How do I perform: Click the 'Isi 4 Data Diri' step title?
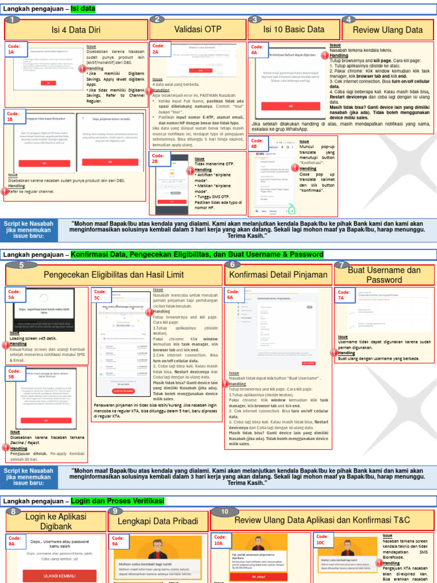point(77,30)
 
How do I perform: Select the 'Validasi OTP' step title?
point(197,29)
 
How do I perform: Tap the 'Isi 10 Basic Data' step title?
point(294,30)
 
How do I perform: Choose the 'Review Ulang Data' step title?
point(387,30)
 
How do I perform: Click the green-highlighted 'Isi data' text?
point(83,9)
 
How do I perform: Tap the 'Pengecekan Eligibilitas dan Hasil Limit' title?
point(114,275)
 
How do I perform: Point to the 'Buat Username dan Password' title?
point(384,275)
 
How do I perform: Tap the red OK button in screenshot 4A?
point(291,106)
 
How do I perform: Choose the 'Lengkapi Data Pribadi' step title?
point(158,521)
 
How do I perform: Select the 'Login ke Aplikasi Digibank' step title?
point(56,521)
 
